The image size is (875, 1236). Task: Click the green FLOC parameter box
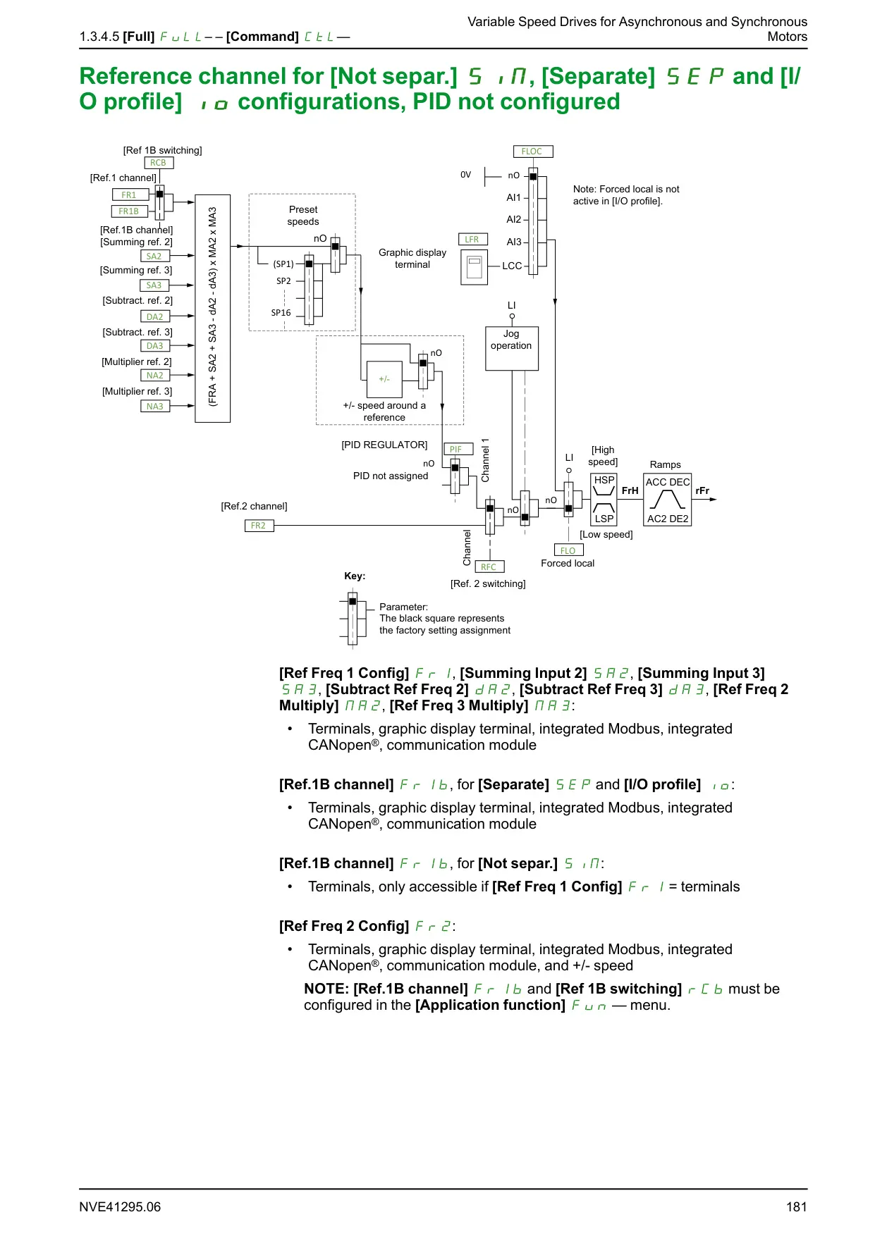pyautogui.click(x=532, y=152)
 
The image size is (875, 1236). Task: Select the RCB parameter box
pyautogui.click(x=158, y=163)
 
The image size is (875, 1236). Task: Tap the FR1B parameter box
pyautogui.click(x=128, y=211)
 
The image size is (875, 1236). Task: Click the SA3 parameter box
pyautogui.click(x=154, y=285)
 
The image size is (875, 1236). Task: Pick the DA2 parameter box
pyautogui.click(x=154, y=317)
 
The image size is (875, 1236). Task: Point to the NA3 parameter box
pyautogui.click(x=154, y=407)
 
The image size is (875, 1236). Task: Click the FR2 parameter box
pyautogui.click(x=259, y=526)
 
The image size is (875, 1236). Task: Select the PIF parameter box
pyautogui.click(x=456, y=450)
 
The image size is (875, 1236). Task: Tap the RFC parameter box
pyautogui.click(x=489, y=567)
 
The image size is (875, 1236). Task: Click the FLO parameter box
pyautogui.click(x=568, y=551)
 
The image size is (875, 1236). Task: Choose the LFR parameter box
pyautogui.click(x=472, y=240)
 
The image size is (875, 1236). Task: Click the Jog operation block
pyautogui.click(x=512, y=349)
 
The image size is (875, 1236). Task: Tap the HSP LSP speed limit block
pyautogui.click(x=604, y=500)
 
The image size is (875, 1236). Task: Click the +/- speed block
pyautogui.click(x=384, y=379)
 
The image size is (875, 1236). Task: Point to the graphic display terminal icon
pyautogui.click(x=475, y=268)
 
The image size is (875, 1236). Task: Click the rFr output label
pyautogui.click(x=702, y=490)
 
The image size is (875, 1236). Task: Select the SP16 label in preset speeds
pyautogui.click(x=281, y=313)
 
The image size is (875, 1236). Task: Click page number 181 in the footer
pyautogui.click(x=797, y=1207)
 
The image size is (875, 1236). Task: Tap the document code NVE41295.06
pyautogui.click(x=120, y=1207)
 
